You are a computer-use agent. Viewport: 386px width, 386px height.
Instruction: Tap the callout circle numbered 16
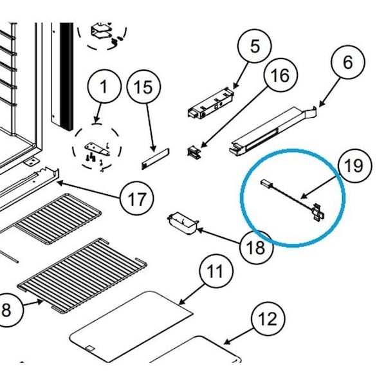pos(279,75)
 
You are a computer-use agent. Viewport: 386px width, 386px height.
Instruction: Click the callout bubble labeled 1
pos(104,87)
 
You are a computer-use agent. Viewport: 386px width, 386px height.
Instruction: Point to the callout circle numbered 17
pos(136,199)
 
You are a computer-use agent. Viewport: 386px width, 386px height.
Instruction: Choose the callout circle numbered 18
pos(256,246)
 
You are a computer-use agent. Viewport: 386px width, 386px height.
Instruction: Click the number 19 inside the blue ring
pos(353,166)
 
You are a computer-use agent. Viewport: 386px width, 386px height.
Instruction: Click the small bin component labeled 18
pos(181,223)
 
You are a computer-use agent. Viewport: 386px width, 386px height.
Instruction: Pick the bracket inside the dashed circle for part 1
pos(96,148)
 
